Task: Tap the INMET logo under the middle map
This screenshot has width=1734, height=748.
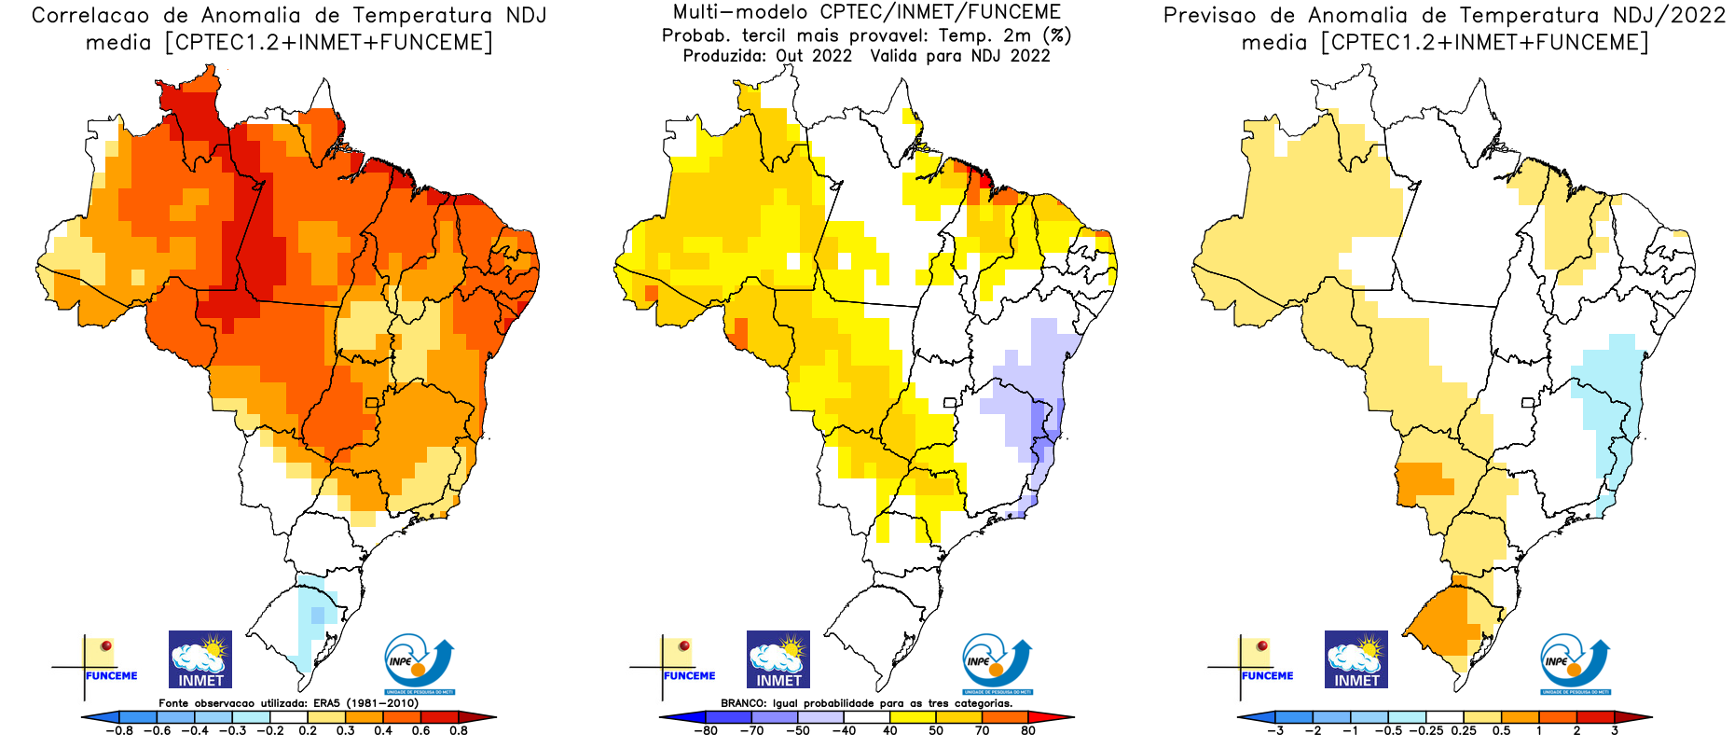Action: pyautogui.click(x=778, y=659)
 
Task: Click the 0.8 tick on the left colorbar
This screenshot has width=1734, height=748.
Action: pyautogui.click(x=459, y=730)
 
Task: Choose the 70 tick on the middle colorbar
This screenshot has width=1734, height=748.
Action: pyautogui.click(x=982, y=730)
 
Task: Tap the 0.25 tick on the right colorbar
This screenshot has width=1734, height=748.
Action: pyautogui.click(x=1464, y=730)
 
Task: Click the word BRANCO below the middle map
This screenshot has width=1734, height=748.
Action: pyautogui.click(x=743, y=703)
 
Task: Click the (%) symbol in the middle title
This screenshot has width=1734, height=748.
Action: pyautogui.click(x=1057, y=35)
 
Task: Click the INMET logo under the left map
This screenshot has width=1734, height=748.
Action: pyautogui.click(x=200, y=659)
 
